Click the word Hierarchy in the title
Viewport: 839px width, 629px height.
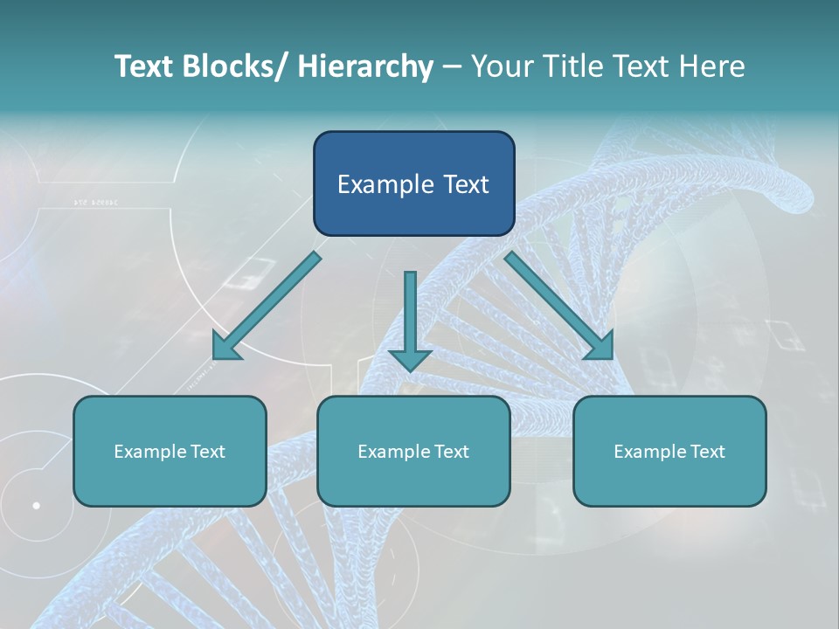(x=365, y=66)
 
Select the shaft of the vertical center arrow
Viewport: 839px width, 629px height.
(x=410, y=306)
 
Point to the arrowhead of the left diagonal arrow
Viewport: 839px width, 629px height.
(x=225, y=347)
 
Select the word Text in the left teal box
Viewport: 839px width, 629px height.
(x=208, y=452)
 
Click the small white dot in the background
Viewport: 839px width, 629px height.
(x=36, y=505)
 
